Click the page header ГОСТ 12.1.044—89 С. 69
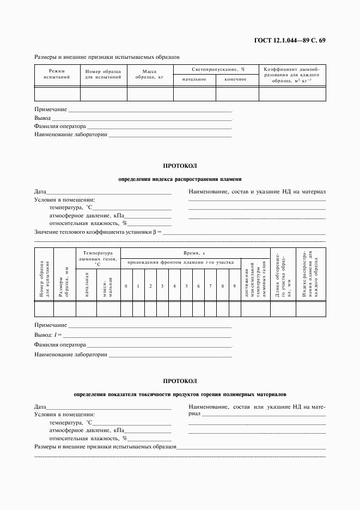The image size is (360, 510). point(290,41)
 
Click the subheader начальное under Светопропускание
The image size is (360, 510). point(194,80)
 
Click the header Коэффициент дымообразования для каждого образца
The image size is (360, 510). point(292,75)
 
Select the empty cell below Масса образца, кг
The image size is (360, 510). point(149,94)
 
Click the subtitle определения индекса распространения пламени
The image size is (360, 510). point(180,179)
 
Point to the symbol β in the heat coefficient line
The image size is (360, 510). point(154,232)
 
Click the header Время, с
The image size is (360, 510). point(194,253)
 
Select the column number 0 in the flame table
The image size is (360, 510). point(126,286)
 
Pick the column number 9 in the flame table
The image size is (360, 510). point(234,286)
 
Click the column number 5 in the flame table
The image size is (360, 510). point(186,286)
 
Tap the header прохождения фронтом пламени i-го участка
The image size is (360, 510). point(180,263)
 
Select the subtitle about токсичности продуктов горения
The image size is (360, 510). point(180,394)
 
